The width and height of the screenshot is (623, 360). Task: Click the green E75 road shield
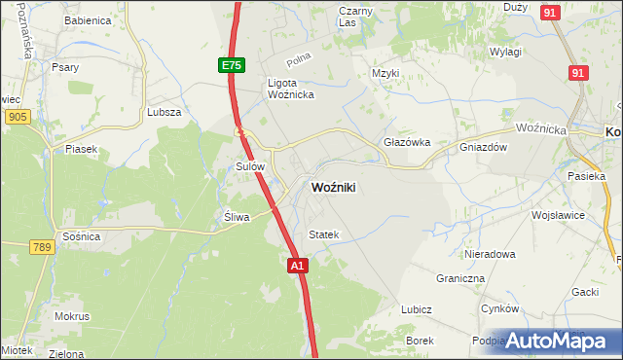231,65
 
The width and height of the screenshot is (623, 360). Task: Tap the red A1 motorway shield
298,265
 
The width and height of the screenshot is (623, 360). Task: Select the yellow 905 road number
16,117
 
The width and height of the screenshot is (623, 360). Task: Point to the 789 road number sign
41,248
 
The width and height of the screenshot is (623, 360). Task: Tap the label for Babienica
83,19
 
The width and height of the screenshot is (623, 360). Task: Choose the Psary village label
66,68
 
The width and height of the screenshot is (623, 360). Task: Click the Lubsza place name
165,112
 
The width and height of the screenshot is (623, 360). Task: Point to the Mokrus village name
72,316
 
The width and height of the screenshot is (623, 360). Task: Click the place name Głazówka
407,142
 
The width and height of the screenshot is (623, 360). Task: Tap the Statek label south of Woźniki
323,234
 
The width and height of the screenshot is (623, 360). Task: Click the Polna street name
299,59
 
